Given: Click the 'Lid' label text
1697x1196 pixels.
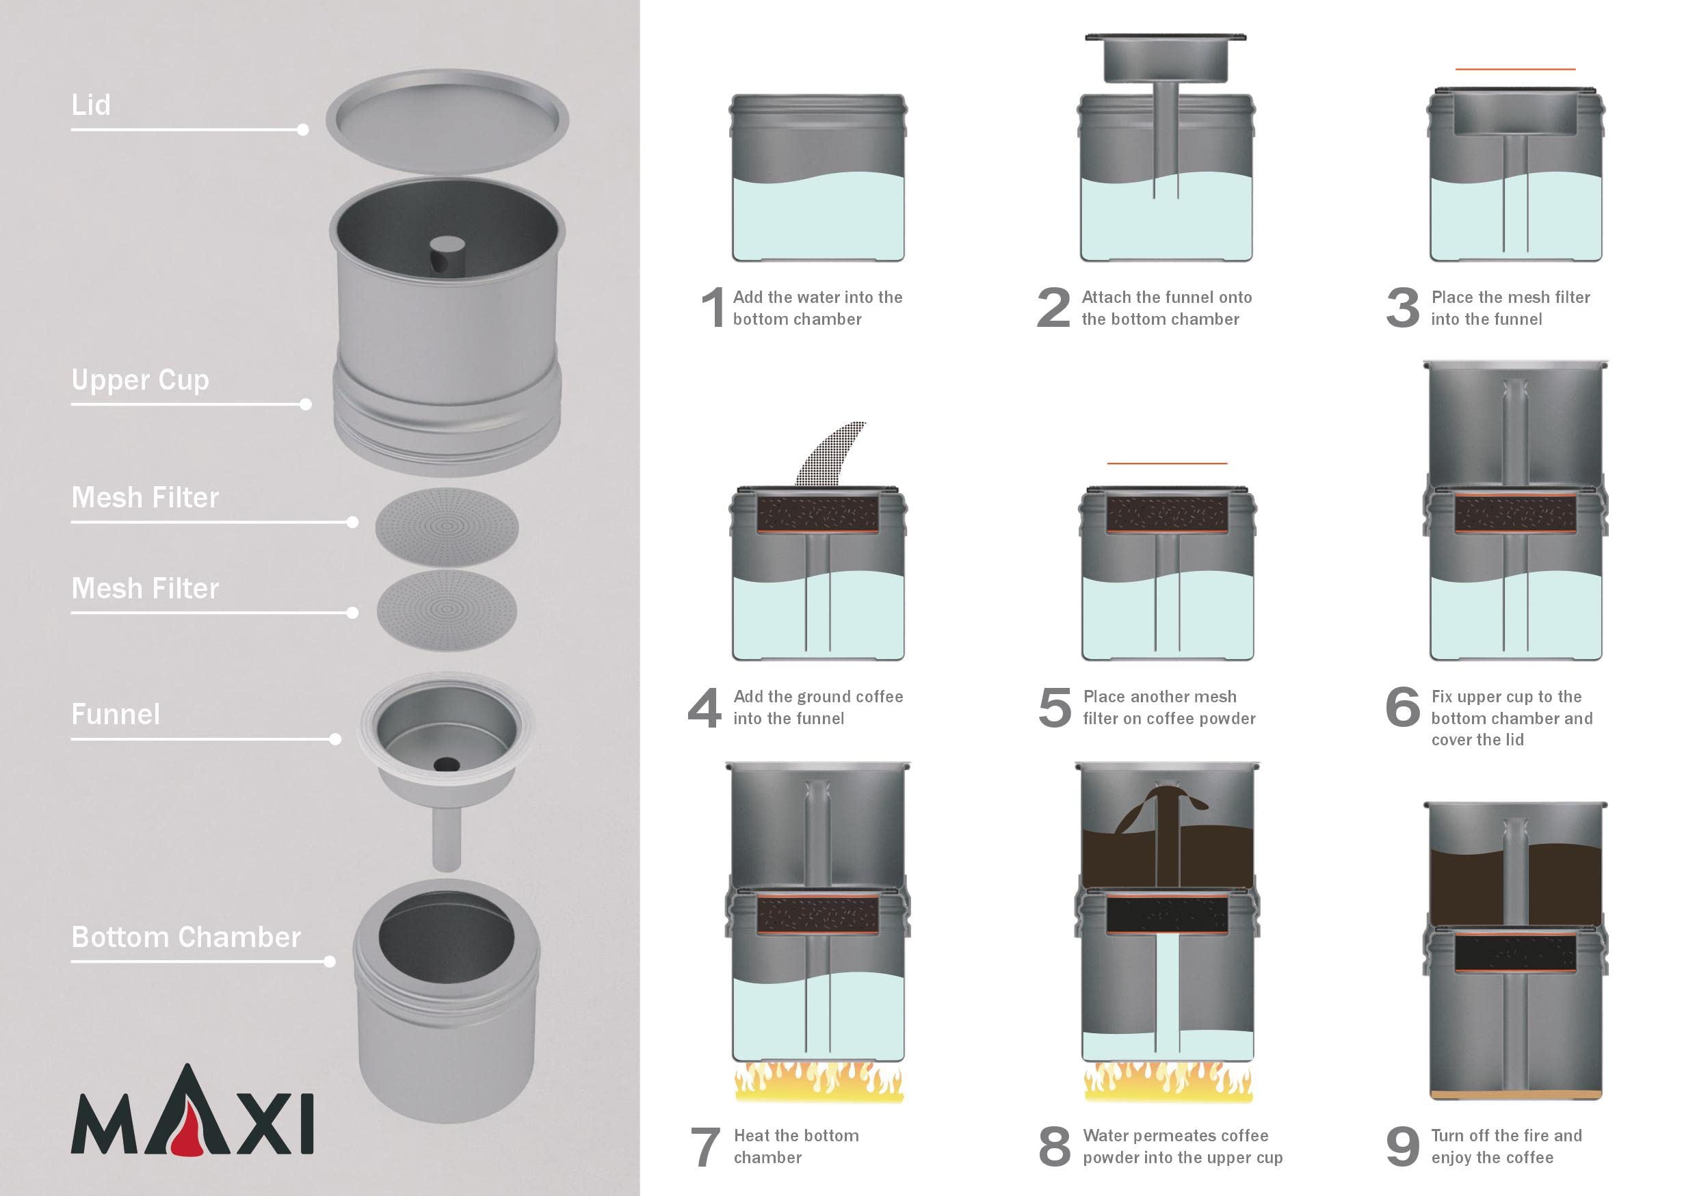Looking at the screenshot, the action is click(x=91, y=104).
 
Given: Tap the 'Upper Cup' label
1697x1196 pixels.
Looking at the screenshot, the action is click(x=140, y=380).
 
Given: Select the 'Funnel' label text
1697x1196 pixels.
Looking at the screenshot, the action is click(x=116, y=715).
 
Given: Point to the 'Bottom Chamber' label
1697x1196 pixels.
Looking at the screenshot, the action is click(x=185, y=937).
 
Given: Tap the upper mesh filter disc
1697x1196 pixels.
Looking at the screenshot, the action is click(x=447, y=527).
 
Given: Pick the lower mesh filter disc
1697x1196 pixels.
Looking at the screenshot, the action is click(x=447, y=610).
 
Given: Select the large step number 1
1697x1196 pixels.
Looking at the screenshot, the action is click(x=713, y=306).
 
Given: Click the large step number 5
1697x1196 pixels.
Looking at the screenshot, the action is click(x=1055, y=707).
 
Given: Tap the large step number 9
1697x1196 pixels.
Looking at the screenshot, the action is click(x=1403, y=1147).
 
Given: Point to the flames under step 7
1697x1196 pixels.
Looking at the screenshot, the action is click(x=818, y=1082).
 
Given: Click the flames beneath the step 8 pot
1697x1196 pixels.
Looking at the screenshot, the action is click(x=1168, y=1082).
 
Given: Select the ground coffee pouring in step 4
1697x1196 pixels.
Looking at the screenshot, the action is click(x=831, y=453).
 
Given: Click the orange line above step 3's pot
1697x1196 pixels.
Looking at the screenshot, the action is click(x=1515, y=68).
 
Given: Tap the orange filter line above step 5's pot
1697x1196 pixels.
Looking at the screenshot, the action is click(x=1167, y=463).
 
